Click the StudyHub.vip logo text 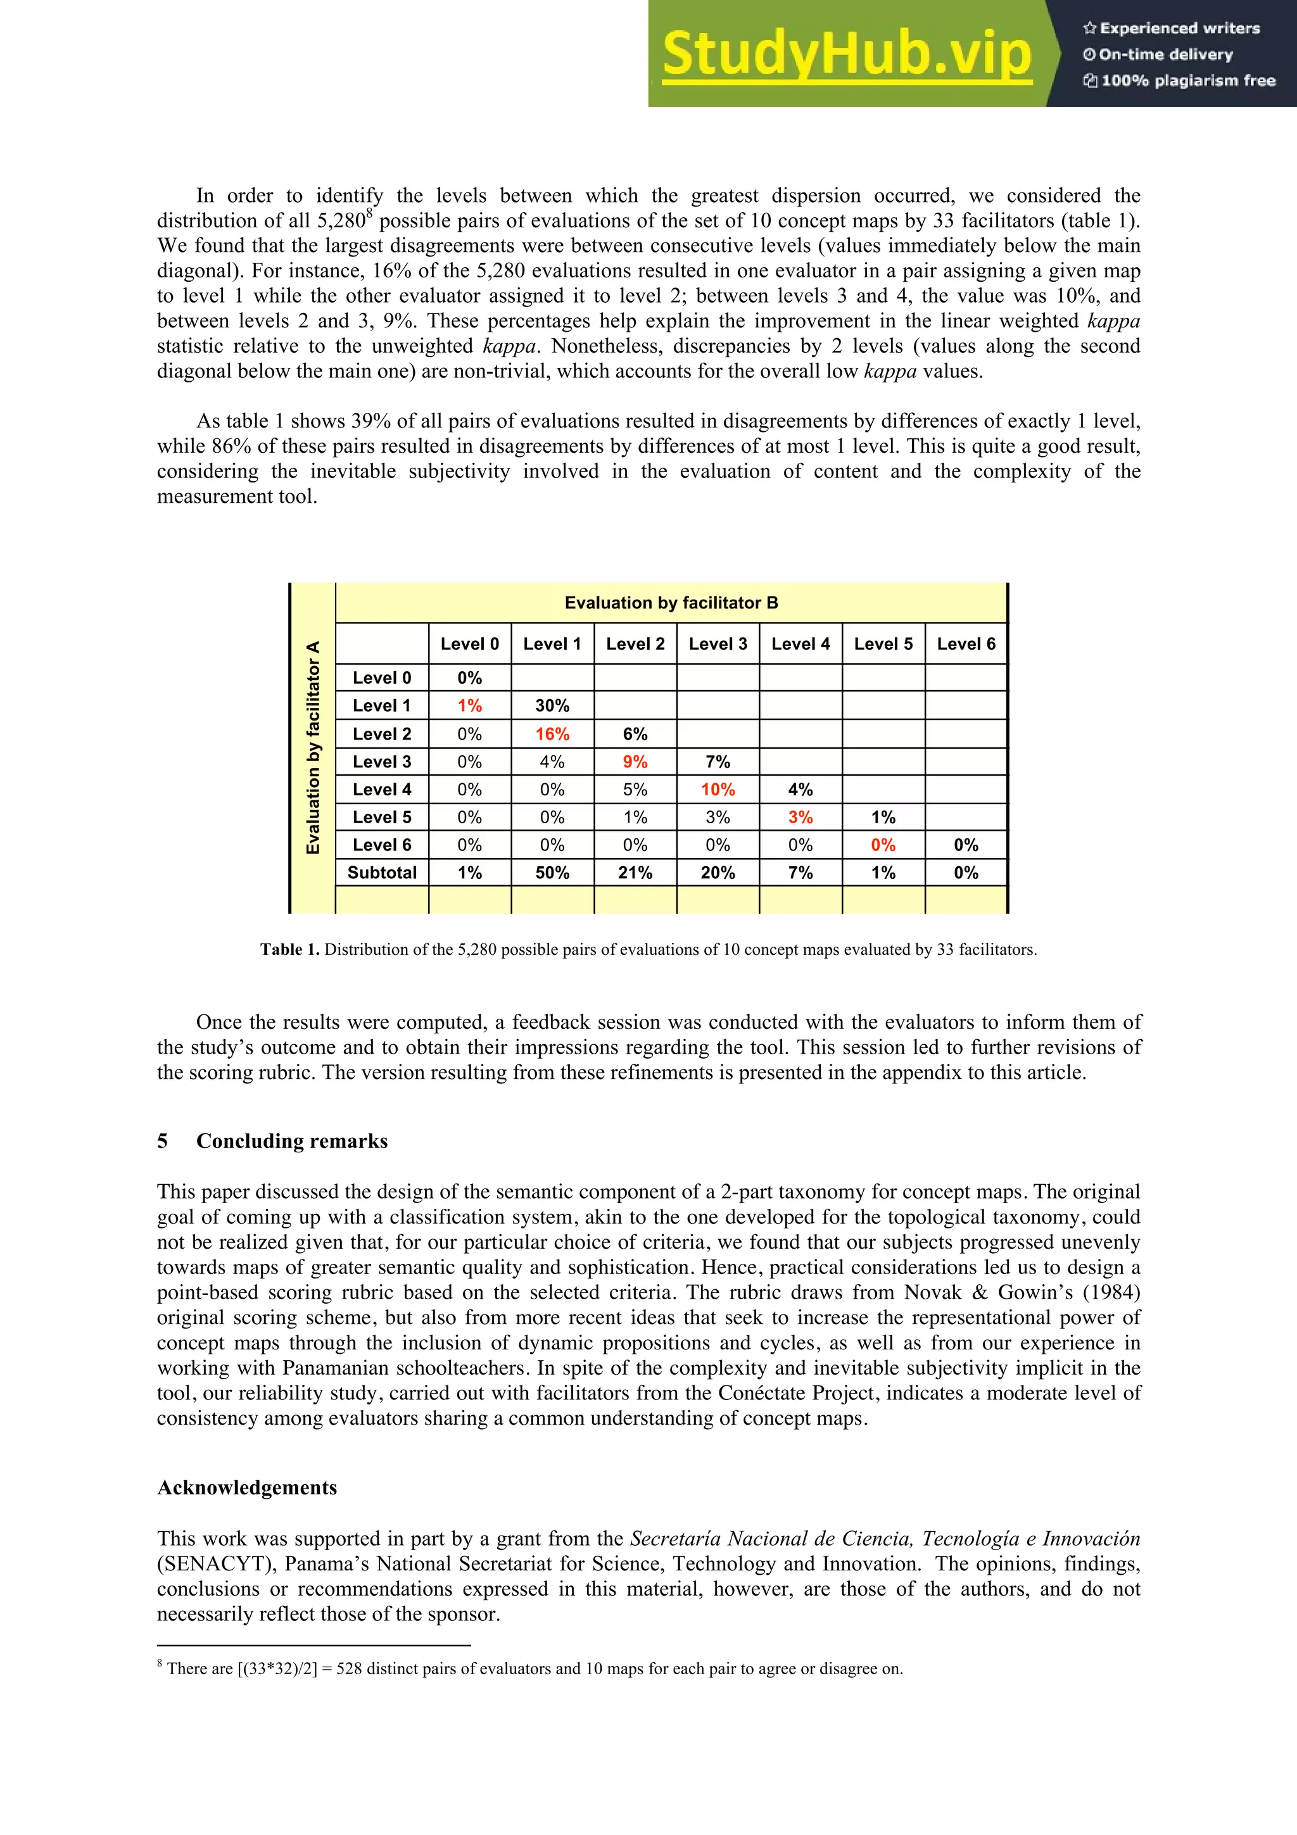click(846, 54)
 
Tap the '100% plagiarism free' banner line click(1180, 80)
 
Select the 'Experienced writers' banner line click(1172, 28)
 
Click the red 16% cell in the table click(552, 734)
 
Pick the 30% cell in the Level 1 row click(552, 706)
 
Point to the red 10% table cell click(718, 790)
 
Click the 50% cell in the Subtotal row click(552, 873)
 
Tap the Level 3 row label click(382, 762)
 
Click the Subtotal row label click(382, 873)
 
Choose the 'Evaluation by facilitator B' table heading click(671, 603)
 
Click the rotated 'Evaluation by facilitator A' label click(313, 747)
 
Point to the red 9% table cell click(635, 762)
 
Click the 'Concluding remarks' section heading click(292, 1141)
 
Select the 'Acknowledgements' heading click(247, 1487)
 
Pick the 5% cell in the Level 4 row click(635, 790)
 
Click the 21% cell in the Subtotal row click(635, 873)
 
